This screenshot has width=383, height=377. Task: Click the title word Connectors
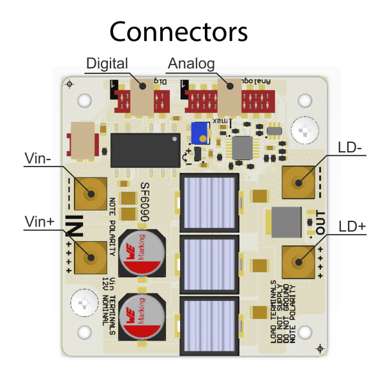click(x=178, y=31)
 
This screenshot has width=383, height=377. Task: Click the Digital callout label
click(x=107, y=64)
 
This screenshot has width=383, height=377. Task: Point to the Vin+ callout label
click(x=39, y=221)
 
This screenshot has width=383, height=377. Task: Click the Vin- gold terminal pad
click(x=90, y=193)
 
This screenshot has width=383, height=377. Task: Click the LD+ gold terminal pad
click(x=297, y=262)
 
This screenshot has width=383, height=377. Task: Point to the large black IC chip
click(x=144, y=150)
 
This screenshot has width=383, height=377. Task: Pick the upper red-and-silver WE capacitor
click(x=142, y=253)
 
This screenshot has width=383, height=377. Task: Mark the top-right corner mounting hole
click(x=305, y=100)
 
